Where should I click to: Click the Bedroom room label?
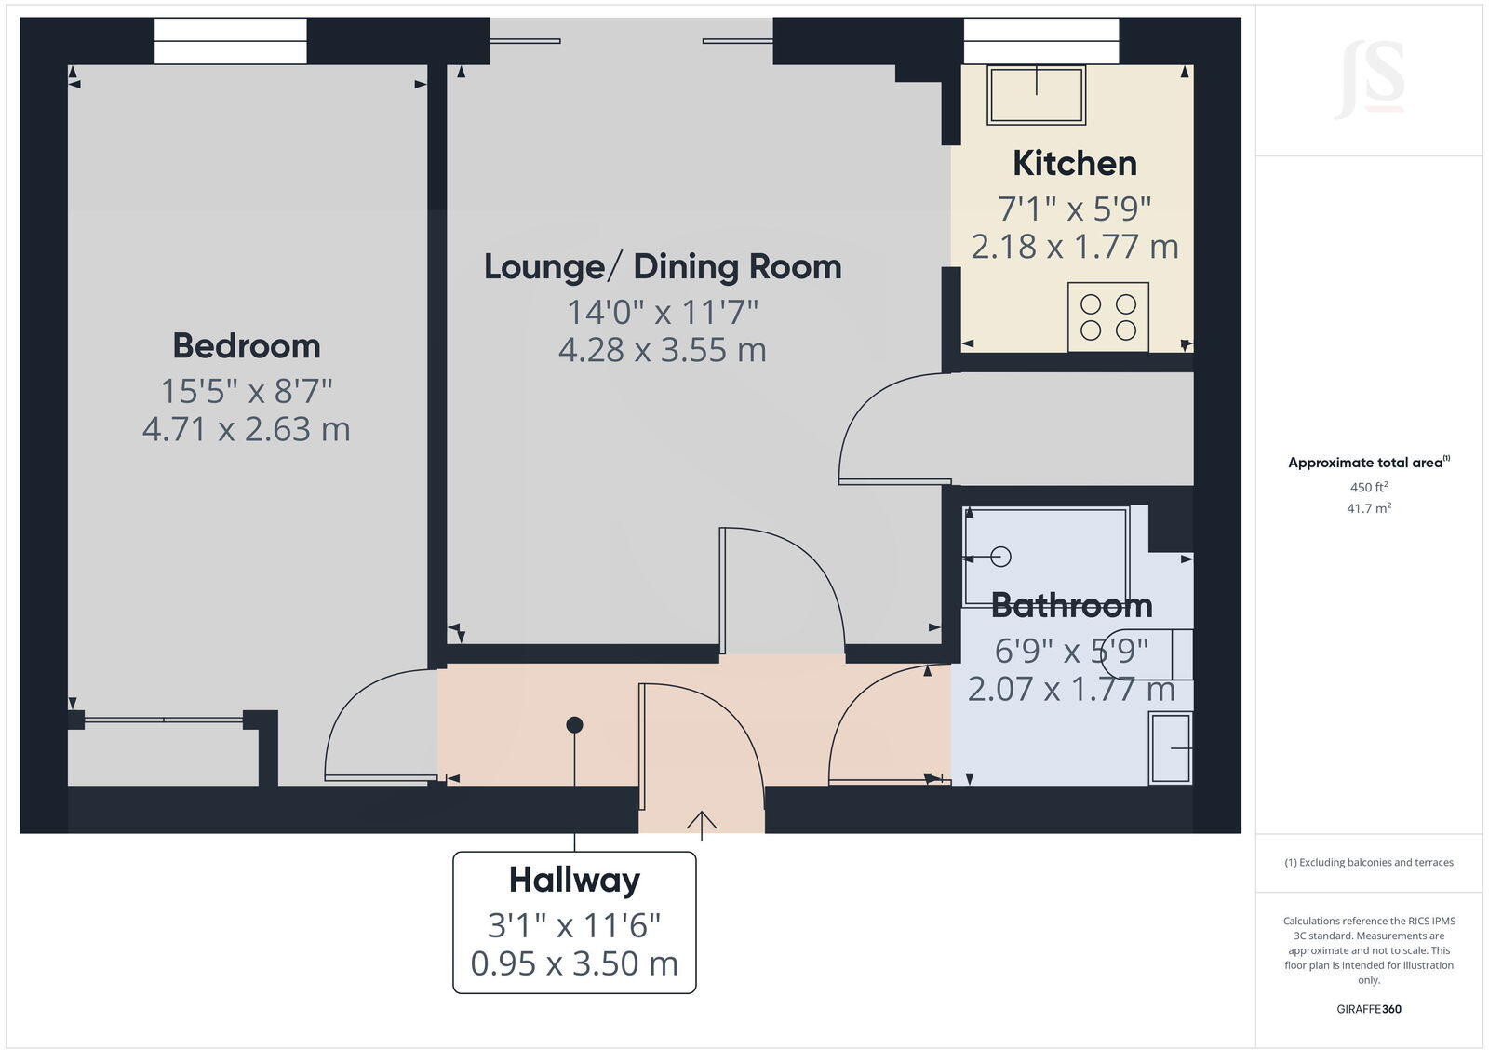click(x=247, y=346)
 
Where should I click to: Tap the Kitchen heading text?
click(x=1075, y=164)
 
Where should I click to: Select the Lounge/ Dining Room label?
click(x=663, y=267)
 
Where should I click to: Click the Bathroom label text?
click(x=1071, y=606)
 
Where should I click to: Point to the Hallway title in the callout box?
click(x=574, y=880)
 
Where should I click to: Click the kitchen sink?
click(x=1036, y=95)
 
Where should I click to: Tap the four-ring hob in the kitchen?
click(x=1108, y=316)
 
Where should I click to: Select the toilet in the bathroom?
click(x=1149, y=654)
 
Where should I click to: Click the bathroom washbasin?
click(x=1171, y=747)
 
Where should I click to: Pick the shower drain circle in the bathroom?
click(x=1000, y=558)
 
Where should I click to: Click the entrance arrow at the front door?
click(x=701, y=824)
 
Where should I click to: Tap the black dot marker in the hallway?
click(x=574, y=724)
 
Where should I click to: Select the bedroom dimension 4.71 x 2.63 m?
click(x=247, y=429)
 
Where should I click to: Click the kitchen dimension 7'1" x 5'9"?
click(x=1075, y=209)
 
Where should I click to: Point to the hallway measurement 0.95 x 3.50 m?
click(x=574, y=963)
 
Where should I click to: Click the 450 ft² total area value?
click(x=1368, y=487)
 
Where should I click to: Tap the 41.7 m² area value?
click(x=1368, y=508)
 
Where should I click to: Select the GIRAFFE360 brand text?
click(x=1368, y=1009)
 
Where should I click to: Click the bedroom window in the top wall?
click(x=230, y=42)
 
